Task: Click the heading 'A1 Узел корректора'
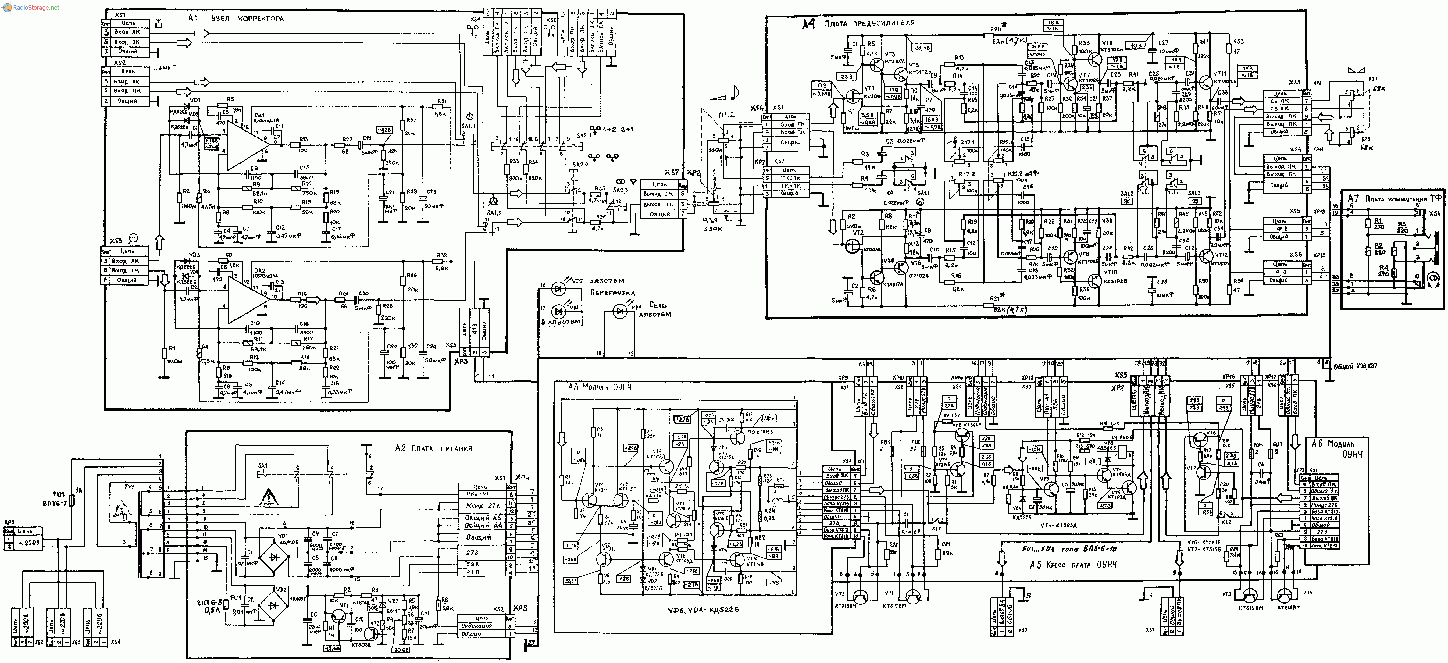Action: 236,18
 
